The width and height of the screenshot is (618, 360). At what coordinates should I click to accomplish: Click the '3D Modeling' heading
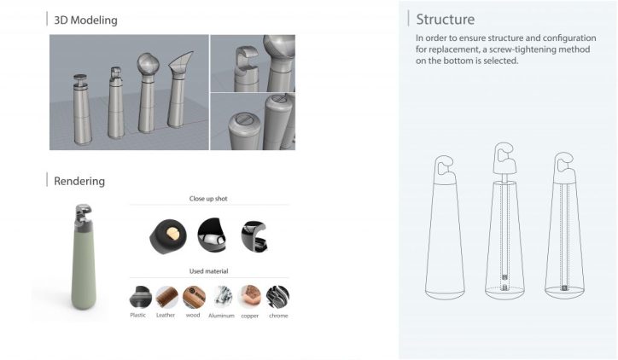click(85, 20)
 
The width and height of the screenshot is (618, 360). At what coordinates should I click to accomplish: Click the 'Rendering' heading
click(79, 181)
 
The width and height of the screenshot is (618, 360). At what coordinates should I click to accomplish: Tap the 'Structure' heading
click(446, 20)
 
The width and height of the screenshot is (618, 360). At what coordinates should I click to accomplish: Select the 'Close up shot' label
click(208, 199)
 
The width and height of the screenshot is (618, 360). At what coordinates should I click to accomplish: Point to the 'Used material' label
click(208, 271)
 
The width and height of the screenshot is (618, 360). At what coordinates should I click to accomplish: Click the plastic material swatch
click(140, 297)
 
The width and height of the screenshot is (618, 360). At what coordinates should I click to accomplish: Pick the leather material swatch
click(166, 297)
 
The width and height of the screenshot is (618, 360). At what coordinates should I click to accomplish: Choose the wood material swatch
click(194, 297)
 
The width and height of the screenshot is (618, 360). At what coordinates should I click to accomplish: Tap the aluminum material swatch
click(221, 297)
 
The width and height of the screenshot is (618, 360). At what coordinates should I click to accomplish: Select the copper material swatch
click(249, 297)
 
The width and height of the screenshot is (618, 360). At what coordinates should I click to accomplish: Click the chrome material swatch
click(277, 297)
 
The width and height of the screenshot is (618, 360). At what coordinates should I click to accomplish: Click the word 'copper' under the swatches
click(249, 316)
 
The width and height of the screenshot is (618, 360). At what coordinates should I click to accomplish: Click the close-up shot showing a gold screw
click(168, 236)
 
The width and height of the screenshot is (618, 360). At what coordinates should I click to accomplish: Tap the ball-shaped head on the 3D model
click(148, 63)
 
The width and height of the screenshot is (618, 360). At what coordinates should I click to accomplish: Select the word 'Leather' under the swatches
click(165, 315)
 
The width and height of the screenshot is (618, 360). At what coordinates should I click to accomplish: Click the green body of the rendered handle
click(84, 268)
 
